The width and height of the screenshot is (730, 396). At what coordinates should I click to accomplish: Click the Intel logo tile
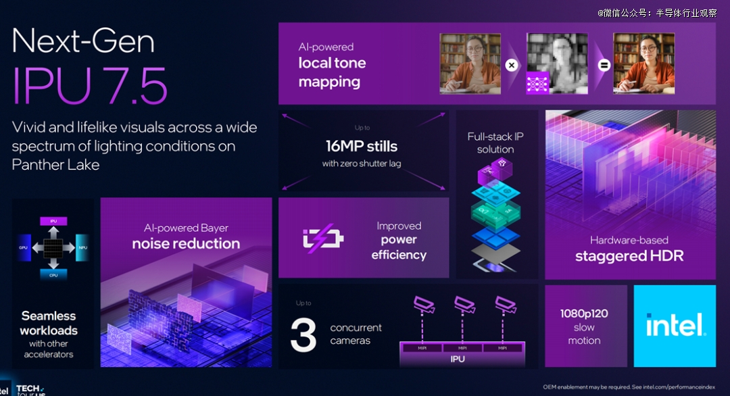tap(675, 326)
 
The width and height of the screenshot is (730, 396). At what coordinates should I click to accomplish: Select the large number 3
tap(303, 334)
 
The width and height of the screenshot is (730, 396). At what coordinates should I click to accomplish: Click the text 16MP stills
tap(362, 146)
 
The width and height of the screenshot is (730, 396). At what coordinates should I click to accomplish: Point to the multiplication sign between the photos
tap(512, 66)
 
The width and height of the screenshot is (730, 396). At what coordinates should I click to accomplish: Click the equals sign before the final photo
tap(604, 66)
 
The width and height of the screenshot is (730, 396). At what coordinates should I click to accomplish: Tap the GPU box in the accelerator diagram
tap(23, 248)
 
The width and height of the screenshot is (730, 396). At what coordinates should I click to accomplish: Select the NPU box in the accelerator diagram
tap(82, 248)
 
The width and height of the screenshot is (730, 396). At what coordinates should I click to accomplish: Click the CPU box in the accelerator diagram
tap(53, 275)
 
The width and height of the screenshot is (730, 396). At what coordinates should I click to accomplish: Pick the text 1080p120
tap(584, 314)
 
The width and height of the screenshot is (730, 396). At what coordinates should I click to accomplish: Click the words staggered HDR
tap(629, 256)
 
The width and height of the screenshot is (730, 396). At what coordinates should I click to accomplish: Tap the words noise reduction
tap(186, 243)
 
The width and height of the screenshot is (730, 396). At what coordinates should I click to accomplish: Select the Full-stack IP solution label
tap(495, 143)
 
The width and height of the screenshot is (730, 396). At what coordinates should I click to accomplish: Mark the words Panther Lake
tap(55, 164)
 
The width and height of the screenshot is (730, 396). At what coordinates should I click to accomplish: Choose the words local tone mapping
tap(332, 72)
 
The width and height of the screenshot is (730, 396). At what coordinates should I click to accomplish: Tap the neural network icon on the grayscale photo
tap(538, 82)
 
